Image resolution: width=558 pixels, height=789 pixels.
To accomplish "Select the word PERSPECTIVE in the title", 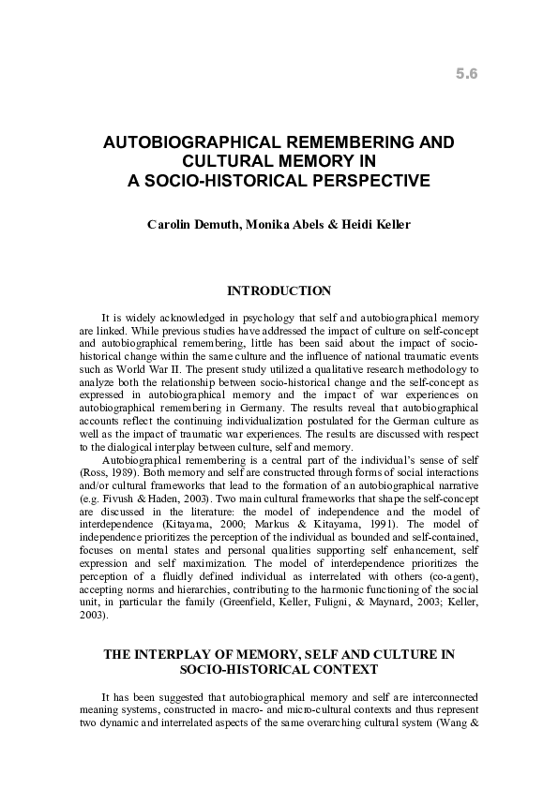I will pyautogui.click(x=358, y=180).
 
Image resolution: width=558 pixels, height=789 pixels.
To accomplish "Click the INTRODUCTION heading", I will pyautogui.click(x=279, y=292).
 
